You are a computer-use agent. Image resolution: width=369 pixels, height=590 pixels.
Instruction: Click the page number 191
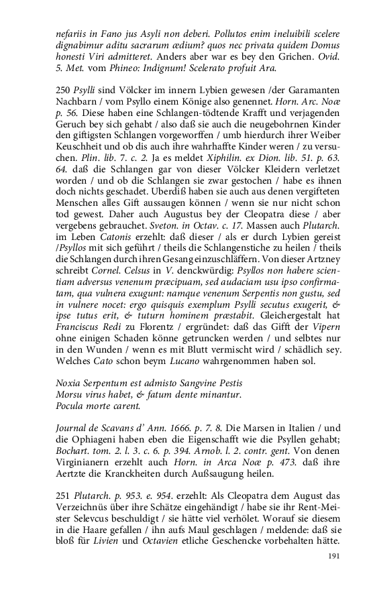pos(335,556)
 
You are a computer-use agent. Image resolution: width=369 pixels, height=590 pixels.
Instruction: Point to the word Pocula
pos(71,406)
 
